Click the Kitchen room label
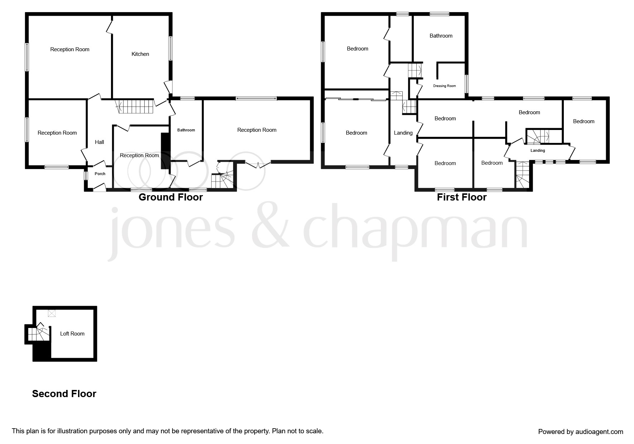(x=140, y=54)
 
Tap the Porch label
(x=100, y=174)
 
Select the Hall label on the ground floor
(x=100, y=142)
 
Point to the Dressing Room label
(x=445, y=86)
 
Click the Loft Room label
(x=72, y=334)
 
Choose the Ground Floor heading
(x=171, y=197)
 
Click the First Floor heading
(x=462, y=197)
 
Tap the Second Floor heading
(x=64, y=394)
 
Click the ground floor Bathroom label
(x=186, y=130)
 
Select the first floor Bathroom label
(x=441, y=36)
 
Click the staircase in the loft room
(x=38, y=334)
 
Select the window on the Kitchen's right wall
(x=170, y=48)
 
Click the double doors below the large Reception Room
(x=258, y=164)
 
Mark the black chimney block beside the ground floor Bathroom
(x=165, y=151)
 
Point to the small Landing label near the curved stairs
(x=538, y=151)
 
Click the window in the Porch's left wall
(x=86, y=176)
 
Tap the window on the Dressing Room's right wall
(x=466, y=84)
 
